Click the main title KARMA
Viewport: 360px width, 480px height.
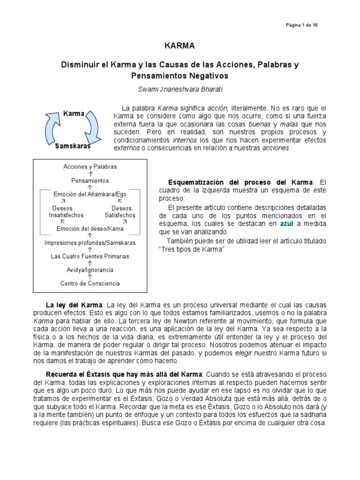[180, 46]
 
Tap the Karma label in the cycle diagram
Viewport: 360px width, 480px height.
[74, 113]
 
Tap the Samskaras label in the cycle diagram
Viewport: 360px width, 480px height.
[73, 146]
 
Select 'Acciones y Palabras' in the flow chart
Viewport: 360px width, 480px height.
[90, 166]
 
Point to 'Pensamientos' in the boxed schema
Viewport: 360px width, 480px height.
[90, 180]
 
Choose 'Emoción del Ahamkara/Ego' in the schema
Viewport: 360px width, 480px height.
[90, 194]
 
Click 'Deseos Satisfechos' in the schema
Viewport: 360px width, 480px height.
[120, 212]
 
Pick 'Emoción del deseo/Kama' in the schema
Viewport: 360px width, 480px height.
[90, 229]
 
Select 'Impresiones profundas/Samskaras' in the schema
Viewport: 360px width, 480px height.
[90, 242]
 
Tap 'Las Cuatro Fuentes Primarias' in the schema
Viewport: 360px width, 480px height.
[90, 256]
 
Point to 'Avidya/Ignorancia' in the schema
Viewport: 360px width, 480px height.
[90, 270]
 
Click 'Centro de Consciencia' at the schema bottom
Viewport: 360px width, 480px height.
[90, 283]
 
